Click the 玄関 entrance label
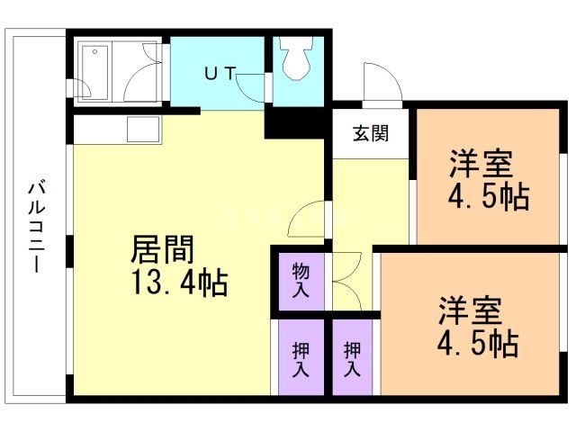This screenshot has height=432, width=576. click(370, 135)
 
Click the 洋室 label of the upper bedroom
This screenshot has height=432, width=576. click(482, 164)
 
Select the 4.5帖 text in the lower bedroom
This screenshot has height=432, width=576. click(477, 343)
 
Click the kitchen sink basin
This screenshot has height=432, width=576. click(143, 130)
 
